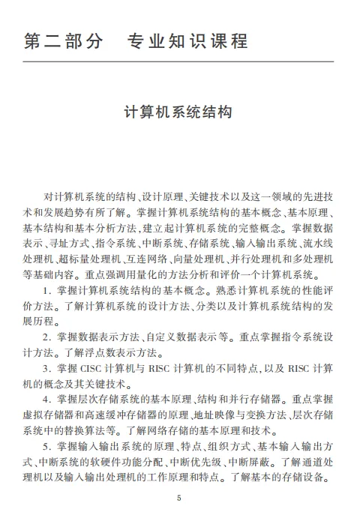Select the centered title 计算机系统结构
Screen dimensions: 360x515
[x=179, y=112]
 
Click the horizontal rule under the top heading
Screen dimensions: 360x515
[x=179, y=61]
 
